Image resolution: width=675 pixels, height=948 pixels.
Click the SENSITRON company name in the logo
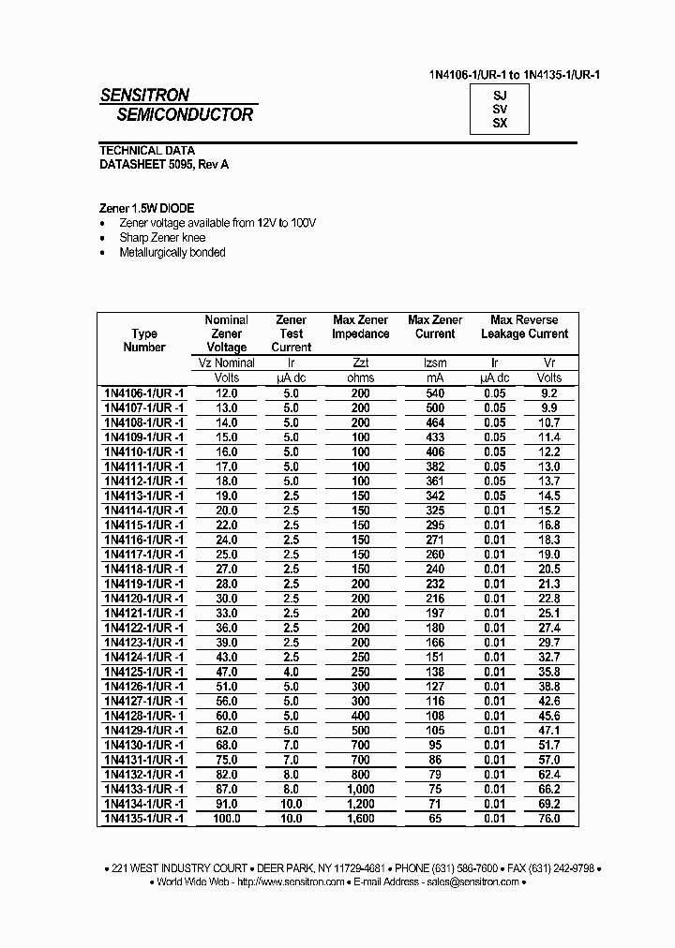click(x=145, y=95)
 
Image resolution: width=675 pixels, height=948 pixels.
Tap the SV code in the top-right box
click(x=500, y=109)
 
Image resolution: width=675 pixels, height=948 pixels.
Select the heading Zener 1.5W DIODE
click(x=147, y=208)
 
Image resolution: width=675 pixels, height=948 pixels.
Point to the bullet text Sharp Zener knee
click(x=162, y=238)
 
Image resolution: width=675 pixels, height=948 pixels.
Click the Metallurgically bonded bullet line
click(x=172, y=252)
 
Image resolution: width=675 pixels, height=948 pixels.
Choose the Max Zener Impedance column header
click(x=361, y=327)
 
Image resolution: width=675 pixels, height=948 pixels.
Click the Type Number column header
click(x=144, y=340)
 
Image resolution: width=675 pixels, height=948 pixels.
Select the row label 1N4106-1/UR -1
click(x=144, y=393)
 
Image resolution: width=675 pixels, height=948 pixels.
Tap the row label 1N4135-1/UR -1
click(x=144, y=818)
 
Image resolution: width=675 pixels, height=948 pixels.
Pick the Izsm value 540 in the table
click(x=436, y=393)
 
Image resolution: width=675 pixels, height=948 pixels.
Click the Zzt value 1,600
click(x=361, y=818)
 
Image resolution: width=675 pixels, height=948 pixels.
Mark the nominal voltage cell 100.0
click(x=226, y=818)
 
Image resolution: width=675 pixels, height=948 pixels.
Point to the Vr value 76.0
click(x=549, y=818)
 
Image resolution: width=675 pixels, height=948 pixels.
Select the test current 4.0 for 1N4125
click(x=291, y=672)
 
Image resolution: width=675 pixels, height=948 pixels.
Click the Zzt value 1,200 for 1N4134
click(x=361, y=804)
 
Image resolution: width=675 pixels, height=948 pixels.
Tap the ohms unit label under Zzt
click(x=361, y=378)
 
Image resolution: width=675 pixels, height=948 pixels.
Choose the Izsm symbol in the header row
click(x=436, y=363)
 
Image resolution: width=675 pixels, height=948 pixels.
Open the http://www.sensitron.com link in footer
click(x=290, y=881)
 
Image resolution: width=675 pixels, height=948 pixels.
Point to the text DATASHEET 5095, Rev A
click(x=164, y=164)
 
